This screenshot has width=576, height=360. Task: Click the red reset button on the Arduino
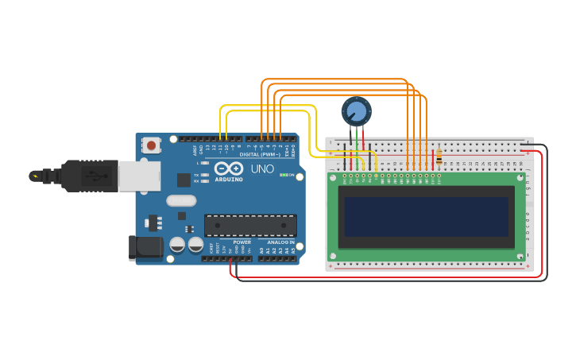pos(151,145)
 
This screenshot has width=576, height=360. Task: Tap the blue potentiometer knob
pos(356,110)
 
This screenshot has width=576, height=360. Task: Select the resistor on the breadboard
pos(438,157)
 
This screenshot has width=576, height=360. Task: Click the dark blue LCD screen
pos(426,216)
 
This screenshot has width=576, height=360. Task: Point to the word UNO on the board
pos(262,169)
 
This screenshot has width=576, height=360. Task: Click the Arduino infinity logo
pos(229,168)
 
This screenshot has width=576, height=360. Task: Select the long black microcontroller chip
pos(250,225)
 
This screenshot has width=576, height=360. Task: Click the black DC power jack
pos(145,247)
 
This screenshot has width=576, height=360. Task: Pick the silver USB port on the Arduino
pos(139,176)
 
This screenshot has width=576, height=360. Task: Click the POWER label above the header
pos(242,242)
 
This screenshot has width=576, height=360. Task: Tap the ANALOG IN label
pos(280,242)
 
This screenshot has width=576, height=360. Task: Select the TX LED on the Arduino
pos(205,174)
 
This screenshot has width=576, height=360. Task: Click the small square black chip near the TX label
pos(184,180)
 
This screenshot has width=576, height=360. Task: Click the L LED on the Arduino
pos(205,163)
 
